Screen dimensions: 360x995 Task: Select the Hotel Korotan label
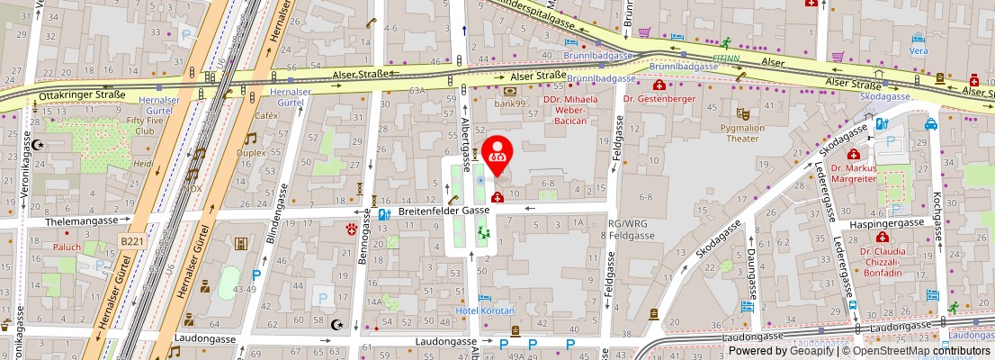coord(486,310)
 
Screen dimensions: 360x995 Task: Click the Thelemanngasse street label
coord(85,220)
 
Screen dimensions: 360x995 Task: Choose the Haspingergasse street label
coord(887,222)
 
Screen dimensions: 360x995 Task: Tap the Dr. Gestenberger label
coord(659,98)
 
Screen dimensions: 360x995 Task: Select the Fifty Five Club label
coord(145,124)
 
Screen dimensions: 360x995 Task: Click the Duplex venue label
coord(251,153)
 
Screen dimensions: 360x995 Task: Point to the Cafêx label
coord(265,116)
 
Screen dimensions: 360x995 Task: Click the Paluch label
coord(66,246)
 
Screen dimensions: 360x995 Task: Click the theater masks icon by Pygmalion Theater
coord(742,114)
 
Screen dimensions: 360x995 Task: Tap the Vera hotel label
coord(918,51)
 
